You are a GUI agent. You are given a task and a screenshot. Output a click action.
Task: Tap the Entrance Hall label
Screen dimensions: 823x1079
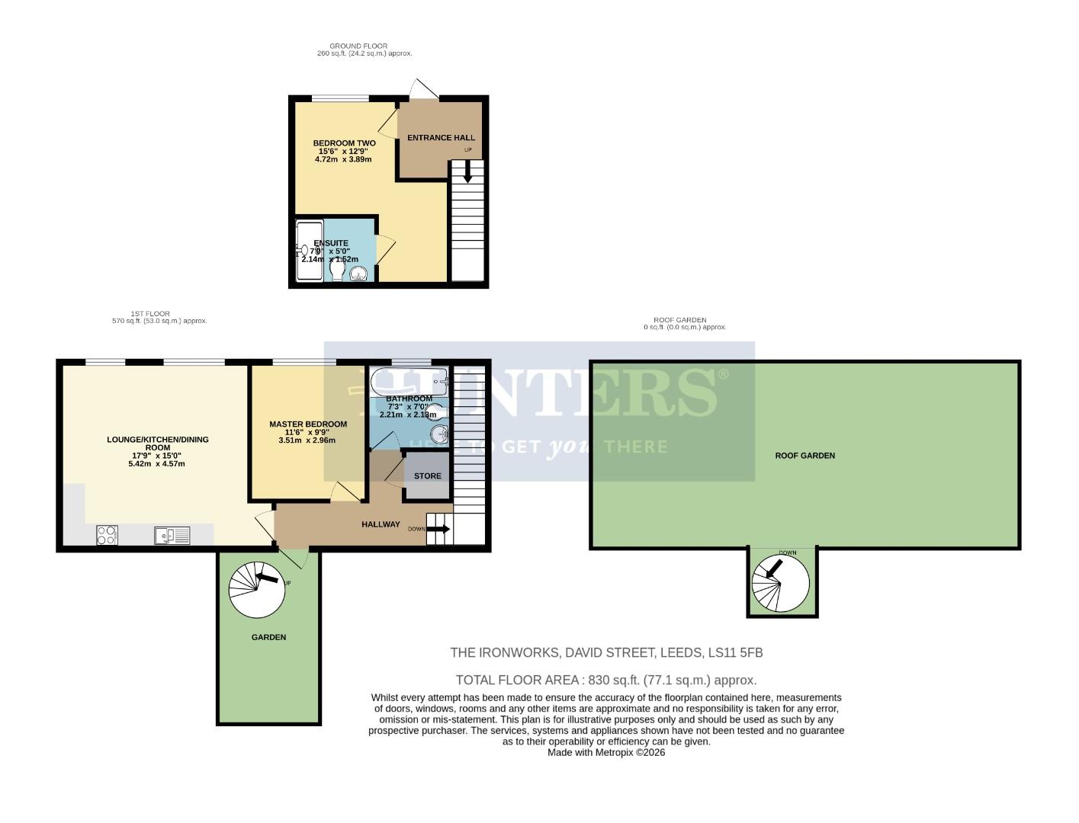click(441, 138)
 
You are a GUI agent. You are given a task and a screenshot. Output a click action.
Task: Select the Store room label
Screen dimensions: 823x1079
click(427, 476)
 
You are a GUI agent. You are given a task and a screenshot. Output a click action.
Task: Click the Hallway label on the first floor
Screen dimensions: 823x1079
click(381, 524)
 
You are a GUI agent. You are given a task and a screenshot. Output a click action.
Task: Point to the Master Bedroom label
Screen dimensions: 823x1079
click(307, 424)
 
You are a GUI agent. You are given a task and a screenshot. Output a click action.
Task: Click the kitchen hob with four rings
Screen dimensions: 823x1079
click(108, 536)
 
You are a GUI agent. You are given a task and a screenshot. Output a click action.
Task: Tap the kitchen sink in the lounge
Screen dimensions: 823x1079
click(172, 536)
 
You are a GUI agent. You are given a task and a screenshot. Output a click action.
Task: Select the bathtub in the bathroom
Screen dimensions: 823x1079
click(409, 379)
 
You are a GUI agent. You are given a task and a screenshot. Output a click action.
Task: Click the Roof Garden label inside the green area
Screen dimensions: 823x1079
click(804, 456)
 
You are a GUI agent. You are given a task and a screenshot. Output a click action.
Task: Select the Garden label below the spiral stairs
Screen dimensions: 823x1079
click(268, 637)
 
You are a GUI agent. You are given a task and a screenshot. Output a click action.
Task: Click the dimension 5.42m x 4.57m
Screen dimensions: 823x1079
click(157, 463)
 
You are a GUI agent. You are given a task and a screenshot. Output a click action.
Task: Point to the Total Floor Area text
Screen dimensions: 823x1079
click(605, 680)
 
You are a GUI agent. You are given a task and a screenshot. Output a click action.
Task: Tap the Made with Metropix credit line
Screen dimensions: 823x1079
click(605, 752)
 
